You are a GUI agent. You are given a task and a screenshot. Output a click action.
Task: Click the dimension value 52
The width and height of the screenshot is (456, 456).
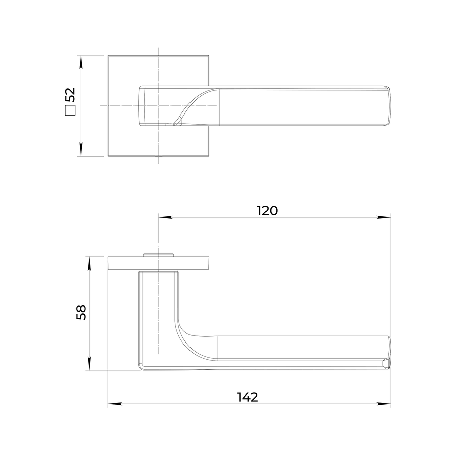pyautogui.click(x=70, y=95)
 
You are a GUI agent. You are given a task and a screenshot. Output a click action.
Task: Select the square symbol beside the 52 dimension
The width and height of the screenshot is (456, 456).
pyautogui.click(x=70, y=110)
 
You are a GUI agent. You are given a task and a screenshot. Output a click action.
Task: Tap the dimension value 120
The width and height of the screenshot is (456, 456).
pyautogui.click(x=267, y=211)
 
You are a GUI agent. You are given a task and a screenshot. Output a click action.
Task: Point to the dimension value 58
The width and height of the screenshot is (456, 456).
pyautogui.click(x=81, y=312)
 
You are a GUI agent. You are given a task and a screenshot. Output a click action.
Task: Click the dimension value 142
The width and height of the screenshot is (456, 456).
pyautogui.click(x=247, y=397)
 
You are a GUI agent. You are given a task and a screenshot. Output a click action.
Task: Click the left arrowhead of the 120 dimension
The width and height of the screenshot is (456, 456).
pyautogui.click(x=165, y=217)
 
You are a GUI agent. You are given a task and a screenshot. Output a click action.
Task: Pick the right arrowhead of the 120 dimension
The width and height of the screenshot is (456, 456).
pyautogui.click(x=384, y=217)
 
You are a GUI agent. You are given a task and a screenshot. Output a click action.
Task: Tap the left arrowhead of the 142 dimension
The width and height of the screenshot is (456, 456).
pyautogui.click(x=115, y=404)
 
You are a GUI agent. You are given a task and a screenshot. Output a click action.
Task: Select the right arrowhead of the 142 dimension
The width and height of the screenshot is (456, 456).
pyautogui.click(x=384, y=404)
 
